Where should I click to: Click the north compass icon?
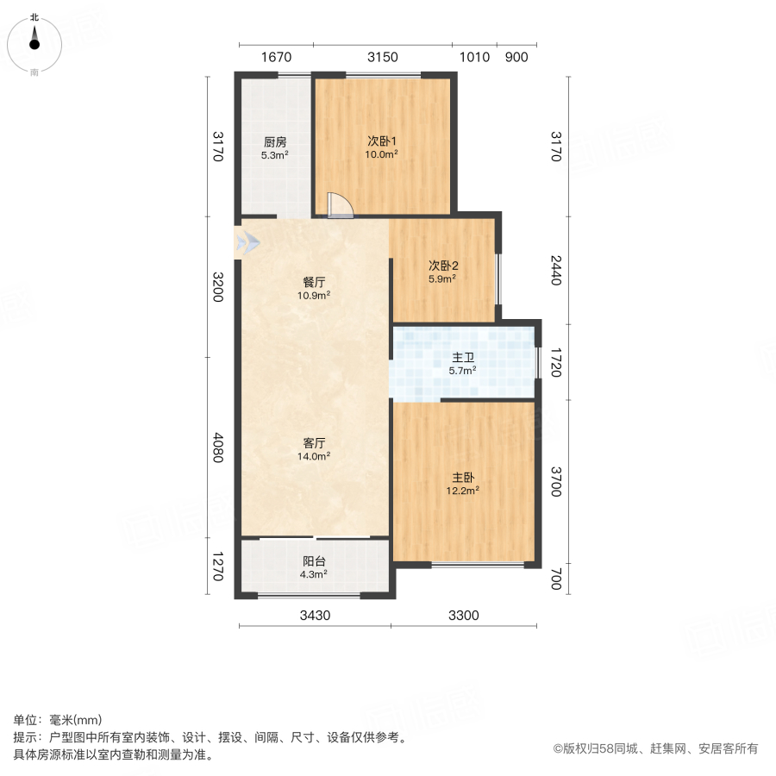[34, 41]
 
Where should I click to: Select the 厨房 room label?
[275, 142]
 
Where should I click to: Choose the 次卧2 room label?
[442, 266]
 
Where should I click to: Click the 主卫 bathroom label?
[463, 358]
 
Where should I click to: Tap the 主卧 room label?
[464, 477]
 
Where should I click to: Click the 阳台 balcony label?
[314, 560]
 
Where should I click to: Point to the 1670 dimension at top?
[276, 57]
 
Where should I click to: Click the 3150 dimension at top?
[382, 57]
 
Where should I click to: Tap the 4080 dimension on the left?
[218, 447]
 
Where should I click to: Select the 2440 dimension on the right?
[556, 272]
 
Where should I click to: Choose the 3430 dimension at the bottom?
[314, 615]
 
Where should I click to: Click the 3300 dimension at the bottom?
[463, 615]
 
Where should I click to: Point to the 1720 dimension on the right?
[556, 362]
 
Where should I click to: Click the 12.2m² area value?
[464, 490]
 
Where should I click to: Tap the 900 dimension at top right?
[516, 57]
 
